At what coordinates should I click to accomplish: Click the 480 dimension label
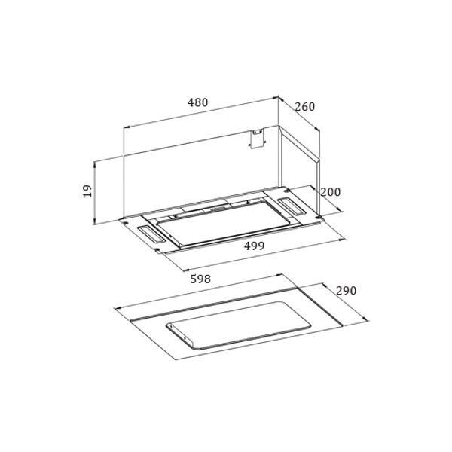(197, 102)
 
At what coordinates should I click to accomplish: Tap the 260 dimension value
(304, 107)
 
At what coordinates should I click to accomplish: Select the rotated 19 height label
(87, 191)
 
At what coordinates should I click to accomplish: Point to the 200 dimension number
(331, 192)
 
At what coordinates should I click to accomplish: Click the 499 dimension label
(254, 246)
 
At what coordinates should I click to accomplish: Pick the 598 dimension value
(200, 279)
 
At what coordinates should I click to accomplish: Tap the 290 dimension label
(347, 291)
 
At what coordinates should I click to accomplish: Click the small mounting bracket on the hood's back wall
(257, 139)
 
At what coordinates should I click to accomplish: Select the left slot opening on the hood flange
(151, 234)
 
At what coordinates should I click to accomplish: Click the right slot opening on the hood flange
(291, 206)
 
